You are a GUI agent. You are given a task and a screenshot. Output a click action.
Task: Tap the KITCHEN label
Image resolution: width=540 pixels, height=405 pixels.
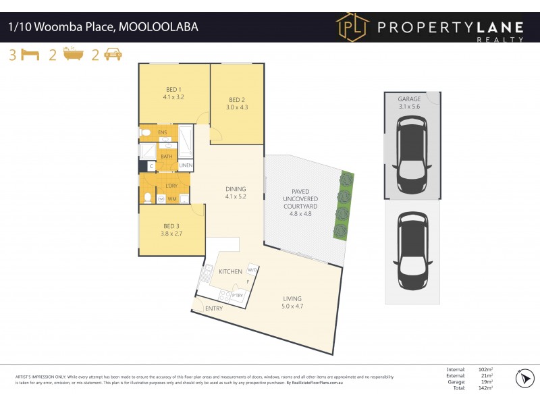pos(230,271)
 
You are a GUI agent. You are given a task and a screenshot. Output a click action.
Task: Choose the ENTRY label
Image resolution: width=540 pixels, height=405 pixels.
pos(214,308)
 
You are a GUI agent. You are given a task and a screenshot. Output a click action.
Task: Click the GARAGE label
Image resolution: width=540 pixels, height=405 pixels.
pos(409,99)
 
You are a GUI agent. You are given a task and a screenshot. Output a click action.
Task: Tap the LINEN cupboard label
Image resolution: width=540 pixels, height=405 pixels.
pos(186,165)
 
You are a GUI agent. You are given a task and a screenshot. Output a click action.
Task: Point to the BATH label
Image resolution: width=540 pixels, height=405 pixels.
pos(166,157)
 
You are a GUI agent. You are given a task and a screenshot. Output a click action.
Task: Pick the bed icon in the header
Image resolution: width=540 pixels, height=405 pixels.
pos(30,55)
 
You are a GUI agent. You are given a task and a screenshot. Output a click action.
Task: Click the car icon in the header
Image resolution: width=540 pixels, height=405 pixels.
pos(113,55)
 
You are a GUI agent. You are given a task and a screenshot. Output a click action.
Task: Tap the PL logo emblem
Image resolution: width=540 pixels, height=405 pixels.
pos(354,28)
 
